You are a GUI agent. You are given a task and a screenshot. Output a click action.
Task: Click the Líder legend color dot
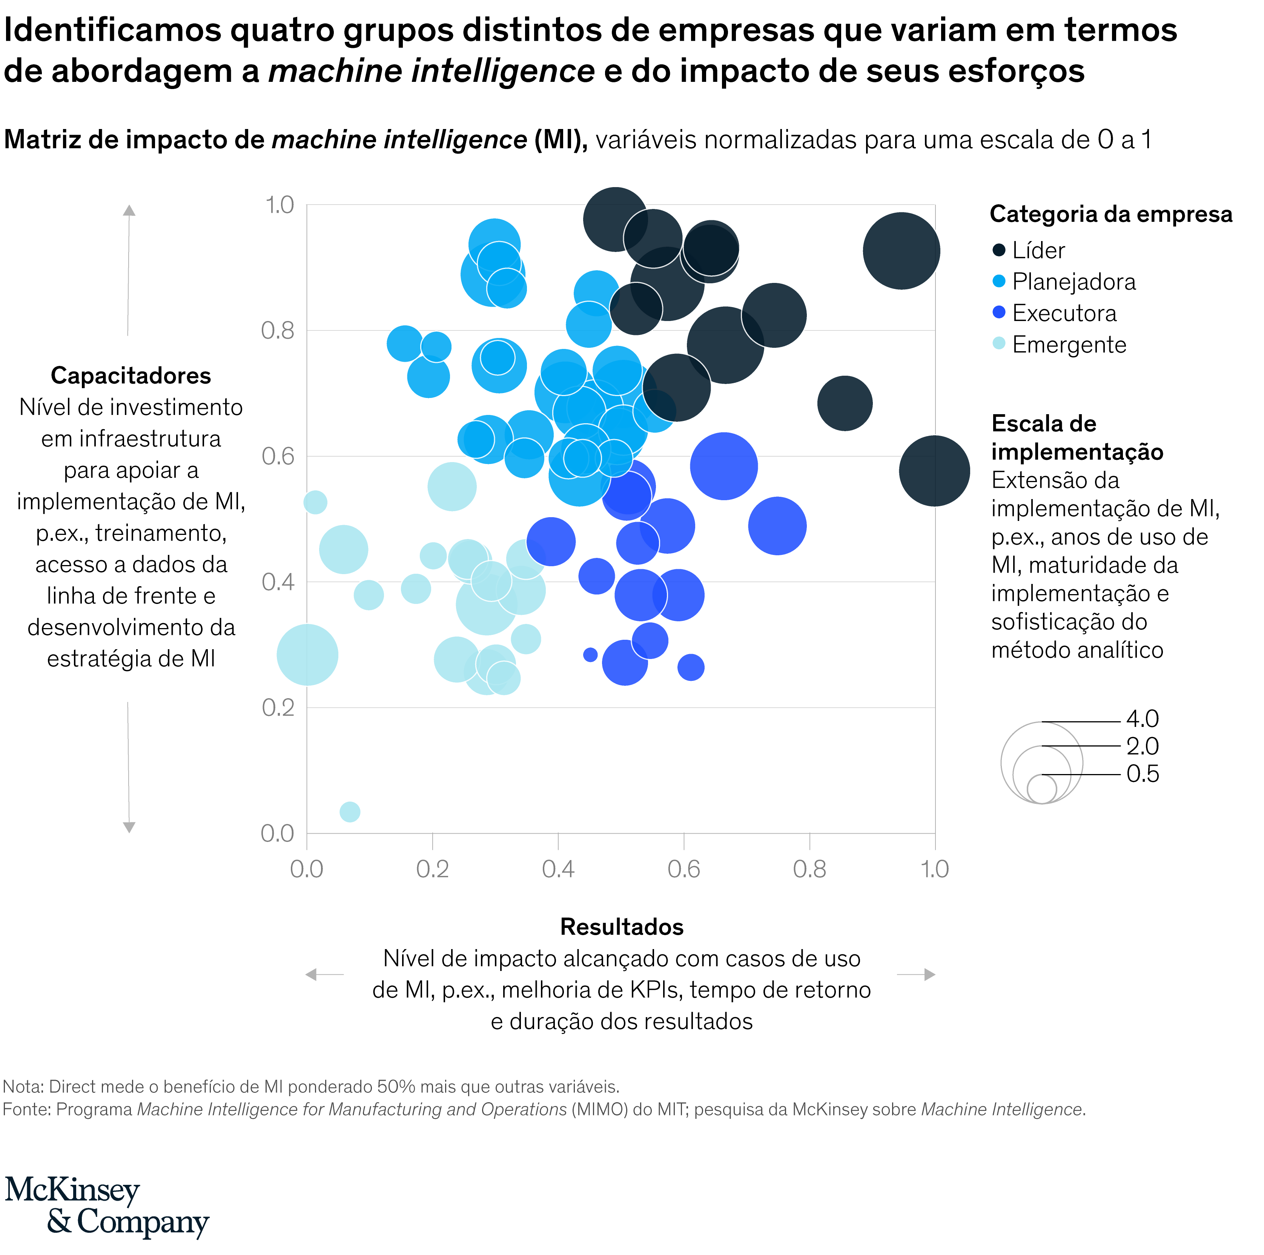(998, 250)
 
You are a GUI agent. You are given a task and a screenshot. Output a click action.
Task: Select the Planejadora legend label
(1074, 282)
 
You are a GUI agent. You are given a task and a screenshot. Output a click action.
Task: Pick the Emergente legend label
(1069, 345)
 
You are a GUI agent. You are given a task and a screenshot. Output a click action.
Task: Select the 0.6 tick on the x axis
(684, 869)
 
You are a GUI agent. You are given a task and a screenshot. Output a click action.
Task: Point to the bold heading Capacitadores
(131, 376)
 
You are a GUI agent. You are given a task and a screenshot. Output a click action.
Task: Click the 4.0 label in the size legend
(1142, 719)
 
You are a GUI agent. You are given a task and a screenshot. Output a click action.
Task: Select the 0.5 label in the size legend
(1142, 774)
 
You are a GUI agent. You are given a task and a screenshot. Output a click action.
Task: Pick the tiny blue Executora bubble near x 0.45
(590, 654)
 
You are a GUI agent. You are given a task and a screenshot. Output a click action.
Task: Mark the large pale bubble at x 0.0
(307, 654)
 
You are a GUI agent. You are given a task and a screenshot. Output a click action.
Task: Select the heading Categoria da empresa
(1110, 214)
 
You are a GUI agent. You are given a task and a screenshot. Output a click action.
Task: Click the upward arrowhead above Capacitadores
(129, 210)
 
